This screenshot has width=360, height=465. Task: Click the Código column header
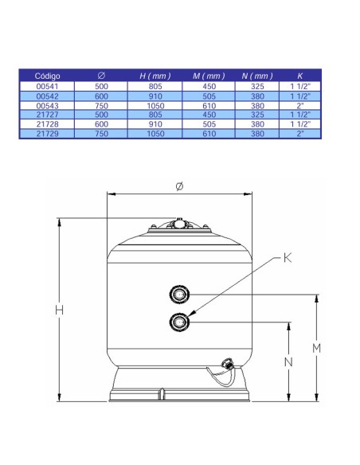coord(47,76)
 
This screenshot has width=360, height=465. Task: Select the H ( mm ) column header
coord(155,76)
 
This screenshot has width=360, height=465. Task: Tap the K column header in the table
coord(299,76)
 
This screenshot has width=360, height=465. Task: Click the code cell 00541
coord(47,86)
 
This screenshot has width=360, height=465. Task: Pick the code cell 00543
coord(47,106)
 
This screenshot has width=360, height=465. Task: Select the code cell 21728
coord(47,124)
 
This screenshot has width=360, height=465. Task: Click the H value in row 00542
coord(155,96)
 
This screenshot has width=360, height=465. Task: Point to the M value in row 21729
coord(209,134)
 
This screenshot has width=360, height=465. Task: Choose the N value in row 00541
coord(257,86)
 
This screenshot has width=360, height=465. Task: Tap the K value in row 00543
coord(300,106)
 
